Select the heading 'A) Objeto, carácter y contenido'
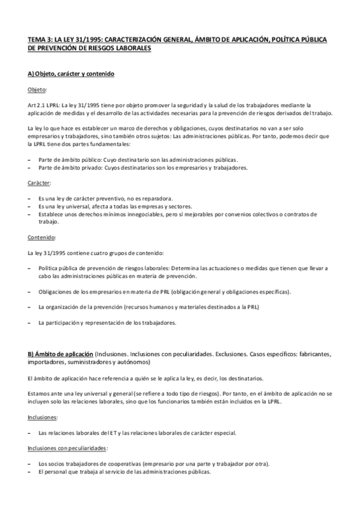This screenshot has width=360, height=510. [71, 73]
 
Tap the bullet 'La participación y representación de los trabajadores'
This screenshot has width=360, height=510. [106, 322]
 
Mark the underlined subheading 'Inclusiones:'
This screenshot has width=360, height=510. [43, 416]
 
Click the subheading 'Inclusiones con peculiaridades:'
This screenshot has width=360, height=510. [68, 448]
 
